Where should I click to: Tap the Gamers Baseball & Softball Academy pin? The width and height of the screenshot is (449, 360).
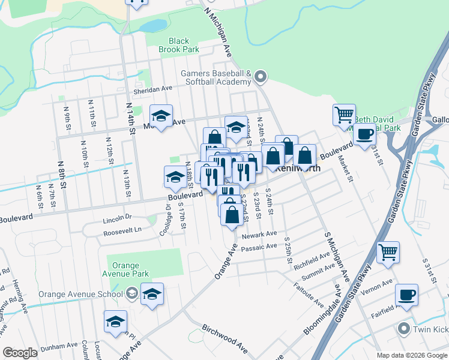coord(260,77)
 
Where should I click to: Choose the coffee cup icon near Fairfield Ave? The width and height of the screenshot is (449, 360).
coord(406,295)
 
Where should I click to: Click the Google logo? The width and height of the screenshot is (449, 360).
coord(20,353)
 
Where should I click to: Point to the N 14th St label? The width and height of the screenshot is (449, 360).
coord(129,115)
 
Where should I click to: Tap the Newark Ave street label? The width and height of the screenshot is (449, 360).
coord(259,235)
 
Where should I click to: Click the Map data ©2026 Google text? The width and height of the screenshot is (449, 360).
coord(411,355)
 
